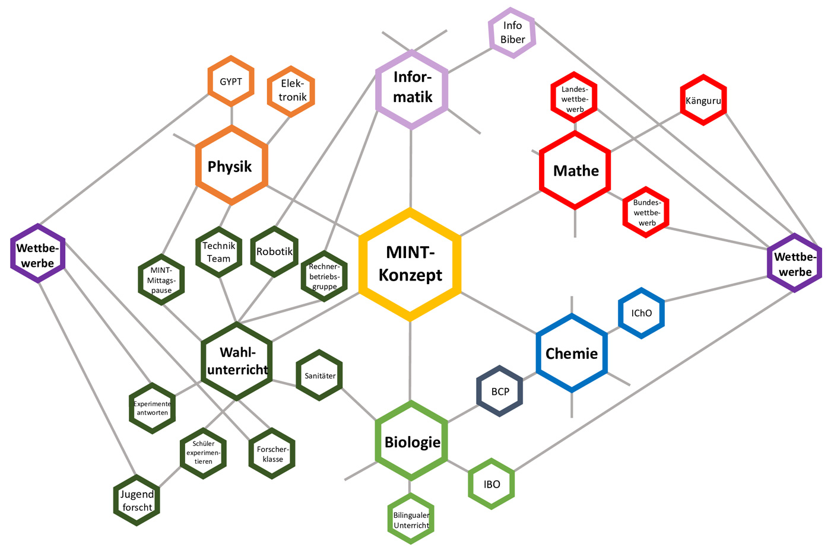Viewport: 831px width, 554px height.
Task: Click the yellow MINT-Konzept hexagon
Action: pyautogui.click(x=410, y=264)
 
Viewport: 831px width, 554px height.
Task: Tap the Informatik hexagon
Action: pyautogui.click(x=412, y=89)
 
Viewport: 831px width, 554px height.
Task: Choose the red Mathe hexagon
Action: pyautogui.click(x=575, y=171)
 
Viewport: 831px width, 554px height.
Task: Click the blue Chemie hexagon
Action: pyautogui.click(x=572, y=354)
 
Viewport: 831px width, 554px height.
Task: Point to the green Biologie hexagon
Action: pyautogui.click(x=411, y=441)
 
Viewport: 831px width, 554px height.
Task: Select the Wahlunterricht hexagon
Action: pyautogui.click(x=237, y=361)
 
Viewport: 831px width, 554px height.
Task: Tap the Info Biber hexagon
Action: pyautogui.click(x=512, y=33)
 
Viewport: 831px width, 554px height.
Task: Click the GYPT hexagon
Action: pyautogui.click(x=231, y=82)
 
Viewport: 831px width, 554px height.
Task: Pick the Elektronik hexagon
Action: pyautogui.click(x=291, y=91)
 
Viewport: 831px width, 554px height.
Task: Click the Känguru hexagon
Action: pyautogui.click(x=703, y=100)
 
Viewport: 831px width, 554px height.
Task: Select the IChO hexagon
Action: pyautogui.click(x=642, y=313)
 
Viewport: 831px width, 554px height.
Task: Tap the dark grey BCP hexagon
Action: pyautogui.click(x=500, y=391)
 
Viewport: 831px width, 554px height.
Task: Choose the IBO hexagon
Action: pyautogui.click(x=491, y=484)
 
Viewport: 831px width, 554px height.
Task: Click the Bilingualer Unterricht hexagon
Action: pyautogui.click(x=411, y=520)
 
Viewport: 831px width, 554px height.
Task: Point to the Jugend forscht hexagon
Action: pyautogui.click(x=137, y=501)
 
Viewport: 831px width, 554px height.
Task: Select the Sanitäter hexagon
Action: pyautogui.click(x=319, y=375)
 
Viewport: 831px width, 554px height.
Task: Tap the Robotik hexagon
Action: pyautogui.click(x=274, y=251)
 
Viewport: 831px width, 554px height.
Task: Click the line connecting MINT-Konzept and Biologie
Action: pyautogui.click(x=410, y=362)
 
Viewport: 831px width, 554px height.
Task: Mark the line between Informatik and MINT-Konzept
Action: pyautogui.click(x=411, y=169)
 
